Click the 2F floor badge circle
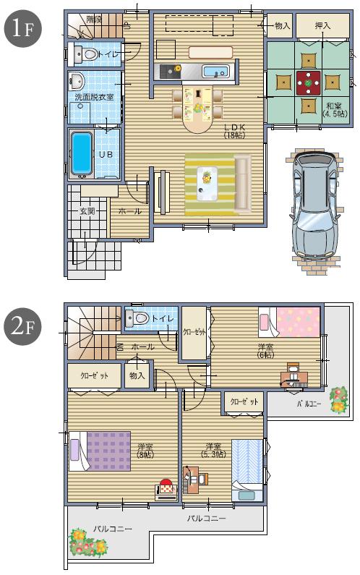point(21,326)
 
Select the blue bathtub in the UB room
point(82,153)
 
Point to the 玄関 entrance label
point(88,211)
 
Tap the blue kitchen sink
point(215,72)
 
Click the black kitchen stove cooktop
point(171,72)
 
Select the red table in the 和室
point(309,82)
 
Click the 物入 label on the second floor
point(137,376)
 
